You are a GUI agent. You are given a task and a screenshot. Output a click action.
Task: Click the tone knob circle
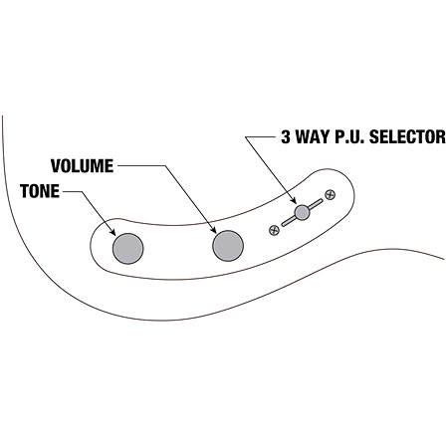128,249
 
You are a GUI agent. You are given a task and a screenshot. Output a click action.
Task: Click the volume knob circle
228,246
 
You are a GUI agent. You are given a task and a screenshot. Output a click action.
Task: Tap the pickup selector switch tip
302,212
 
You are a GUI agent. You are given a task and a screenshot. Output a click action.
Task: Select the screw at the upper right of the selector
330,195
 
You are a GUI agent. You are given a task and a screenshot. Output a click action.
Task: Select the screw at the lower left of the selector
274,230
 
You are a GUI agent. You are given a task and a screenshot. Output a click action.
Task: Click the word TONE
40,191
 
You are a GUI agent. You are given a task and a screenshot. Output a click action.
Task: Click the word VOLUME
82,166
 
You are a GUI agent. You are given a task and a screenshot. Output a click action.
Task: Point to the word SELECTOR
407,136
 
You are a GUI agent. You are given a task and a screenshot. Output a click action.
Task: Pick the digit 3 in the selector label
286,136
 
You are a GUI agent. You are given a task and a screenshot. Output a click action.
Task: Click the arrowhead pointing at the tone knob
112,232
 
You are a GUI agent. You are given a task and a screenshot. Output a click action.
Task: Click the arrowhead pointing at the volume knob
213,230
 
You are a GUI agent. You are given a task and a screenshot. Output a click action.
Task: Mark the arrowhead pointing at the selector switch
294,200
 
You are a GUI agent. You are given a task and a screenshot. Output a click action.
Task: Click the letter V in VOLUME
56,166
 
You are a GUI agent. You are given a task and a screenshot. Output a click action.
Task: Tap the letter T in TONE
24,191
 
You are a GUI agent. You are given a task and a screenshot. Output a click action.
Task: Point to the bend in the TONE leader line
82,191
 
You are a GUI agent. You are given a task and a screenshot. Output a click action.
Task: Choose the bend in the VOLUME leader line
165,166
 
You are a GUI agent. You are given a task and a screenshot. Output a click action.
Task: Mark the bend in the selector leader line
246,137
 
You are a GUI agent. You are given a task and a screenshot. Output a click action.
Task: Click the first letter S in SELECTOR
374,136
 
